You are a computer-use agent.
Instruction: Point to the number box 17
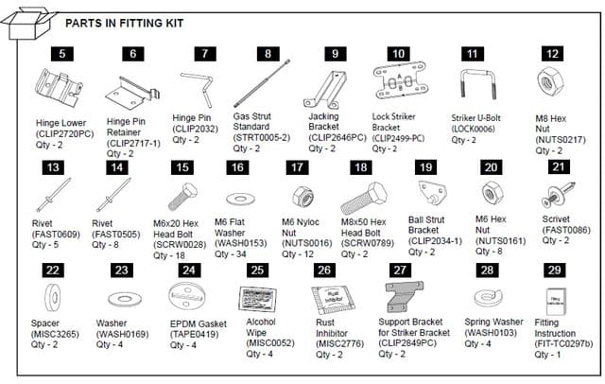(297, 166)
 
